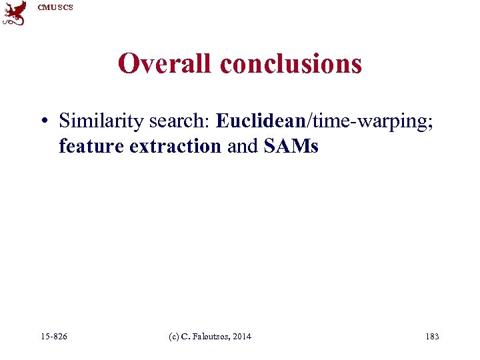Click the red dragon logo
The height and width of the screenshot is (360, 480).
coord(15,13)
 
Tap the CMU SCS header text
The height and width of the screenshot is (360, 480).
coord(55,7)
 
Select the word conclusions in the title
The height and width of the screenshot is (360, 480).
coord(291,64)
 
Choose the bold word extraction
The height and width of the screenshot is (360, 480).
coord(175,146)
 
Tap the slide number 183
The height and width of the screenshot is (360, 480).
coord(432,337)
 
